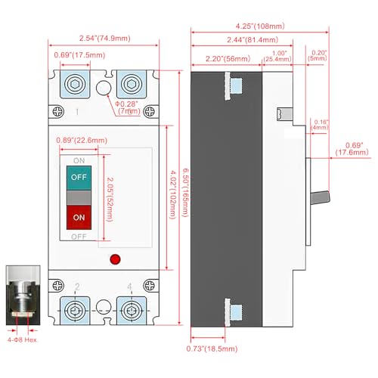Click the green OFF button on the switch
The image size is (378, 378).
point(78,178)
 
